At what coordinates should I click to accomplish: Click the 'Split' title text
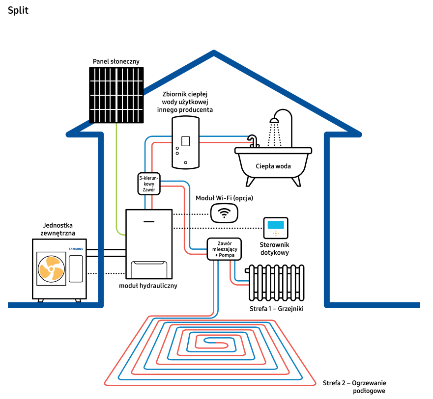pos(18,11)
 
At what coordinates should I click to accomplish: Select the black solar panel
pos(116,94)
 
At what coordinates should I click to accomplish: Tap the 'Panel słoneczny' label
pos(116,61)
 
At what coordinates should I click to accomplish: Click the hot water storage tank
pos(185,143)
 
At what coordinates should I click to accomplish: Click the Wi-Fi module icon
pos(225,213)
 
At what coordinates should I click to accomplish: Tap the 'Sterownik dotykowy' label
pos(274,248)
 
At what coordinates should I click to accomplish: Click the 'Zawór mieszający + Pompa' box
pos(224,249)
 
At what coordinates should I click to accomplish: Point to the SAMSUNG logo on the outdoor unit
pos(76,249)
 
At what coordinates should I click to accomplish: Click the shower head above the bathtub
pos(276,120)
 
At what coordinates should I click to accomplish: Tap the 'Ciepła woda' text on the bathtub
pos(273,166)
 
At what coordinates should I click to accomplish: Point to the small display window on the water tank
pos(186,141)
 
